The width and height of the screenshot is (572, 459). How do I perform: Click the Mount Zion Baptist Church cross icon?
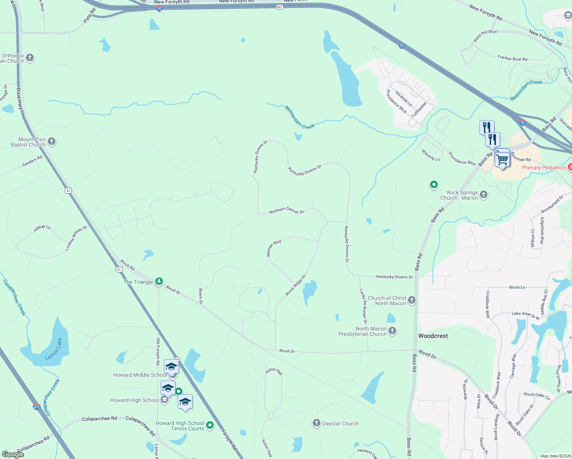[x=52, y=142]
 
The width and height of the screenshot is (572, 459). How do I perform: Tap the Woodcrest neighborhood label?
[x=433, y=336]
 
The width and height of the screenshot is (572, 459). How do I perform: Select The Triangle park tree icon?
[x=159, y=282]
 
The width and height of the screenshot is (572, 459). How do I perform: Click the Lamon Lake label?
[x=54, y=349]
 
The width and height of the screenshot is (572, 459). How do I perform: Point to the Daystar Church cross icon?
[x=316, y=423]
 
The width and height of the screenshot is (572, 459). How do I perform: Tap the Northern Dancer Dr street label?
[x=286, y=211]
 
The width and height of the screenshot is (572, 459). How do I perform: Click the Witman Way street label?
[x=273, y=248]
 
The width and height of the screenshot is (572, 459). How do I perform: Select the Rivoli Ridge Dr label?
[x=296, y=285]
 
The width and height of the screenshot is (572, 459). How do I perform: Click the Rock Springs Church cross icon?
[x=484, y=195]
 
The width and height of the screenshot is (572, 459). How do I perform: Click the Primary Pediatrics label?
[x=544, y=168]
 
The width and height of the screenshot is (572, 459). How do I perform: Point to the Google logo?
[x=13, y=454]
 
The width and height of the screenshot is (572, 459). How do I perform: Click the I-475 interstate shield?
[x=36, y=407]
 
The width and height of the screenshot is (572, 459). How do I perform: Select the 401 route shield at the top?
[x=279, y=7]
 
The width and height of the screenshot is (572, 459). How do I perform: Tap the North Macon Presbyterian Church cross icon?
[x=392, y=331]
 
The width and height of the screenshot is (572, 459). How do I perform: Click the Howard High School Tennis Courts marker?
[x=210, y=425]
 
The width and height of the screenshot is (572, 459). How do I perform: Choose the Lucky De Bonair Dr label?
[x=363, y=306]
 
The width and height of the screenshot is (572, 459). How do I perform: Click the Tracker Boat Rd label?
[x=512, y=58]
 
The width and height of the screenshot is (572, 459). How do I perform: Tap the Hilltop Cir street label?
[x=42, y=228]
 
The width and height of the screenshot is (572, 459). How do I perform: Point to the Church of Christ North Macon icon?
[x=412, y=300]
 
